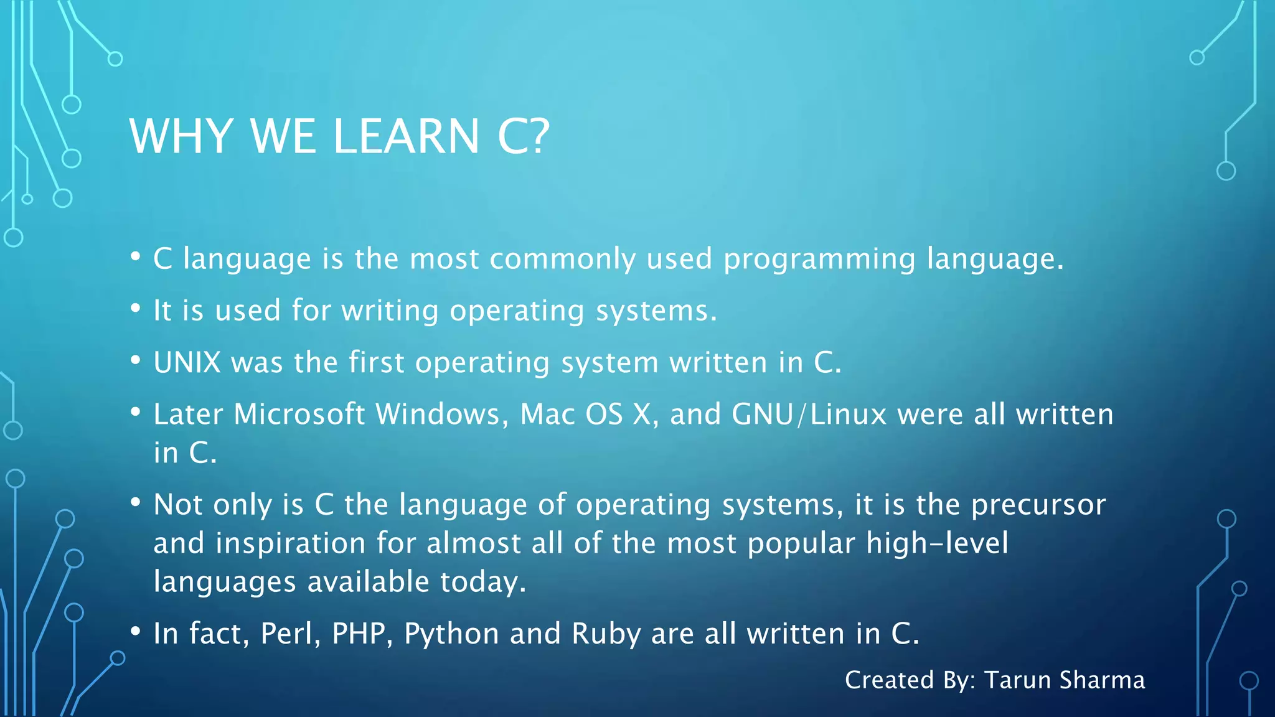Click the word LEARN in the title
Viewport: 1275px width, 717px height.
point(406,136)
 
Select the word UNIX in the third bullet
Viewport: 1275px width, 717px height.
point(187,362)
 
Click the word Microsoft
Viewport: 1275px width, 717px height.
point(299,414)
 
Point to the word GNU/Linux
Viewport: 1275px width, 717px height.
point(809,414)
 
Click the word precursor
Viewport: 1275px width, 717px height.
point(1038,505)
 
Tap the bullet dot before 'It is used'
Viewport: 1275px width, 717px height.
point(136,308)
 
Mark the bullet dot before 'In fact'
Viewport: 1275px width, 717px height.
point(136,632)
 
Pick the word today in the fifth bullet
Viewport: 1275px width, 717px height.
point(482,583)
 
